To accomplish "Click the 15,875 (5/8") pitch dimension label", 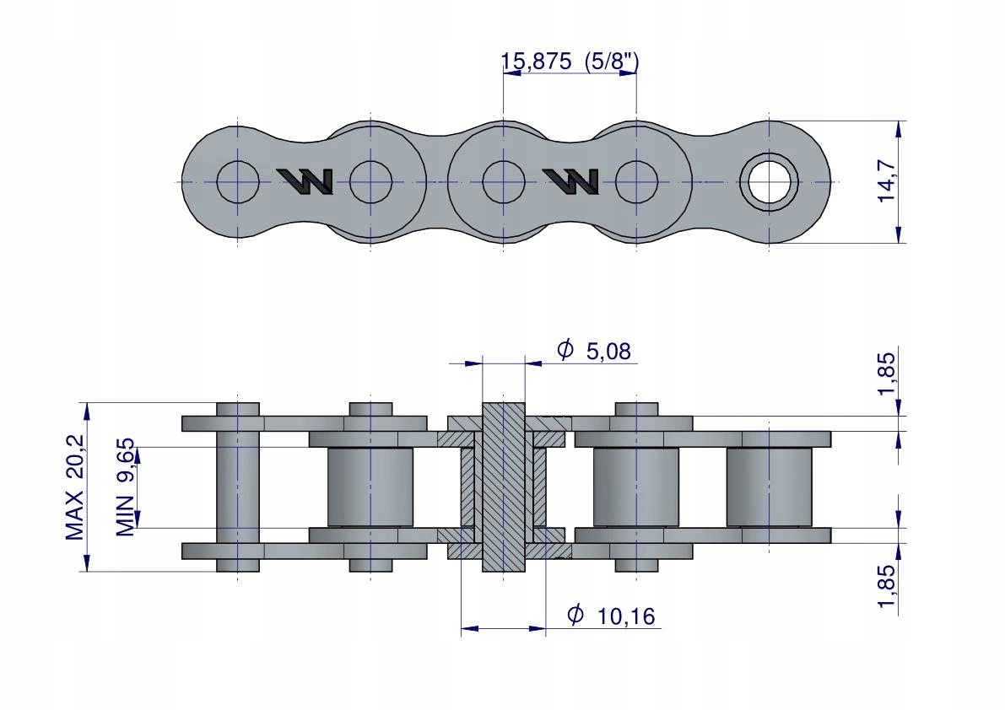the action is [x=570, y=62].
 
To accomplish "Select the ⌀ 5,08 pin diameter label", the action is [x=594, y=350].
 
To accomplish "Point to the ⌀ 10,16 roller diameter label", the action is [x=612, y=616].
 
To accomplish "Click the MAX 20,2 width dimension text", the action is [x=75, y=487].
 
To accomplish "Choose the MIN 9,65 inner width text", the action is [x=126, y=487].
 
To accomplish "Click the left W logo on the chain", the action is [x=305, y=181].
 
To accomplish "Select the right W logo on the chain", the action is [x=570, y=181].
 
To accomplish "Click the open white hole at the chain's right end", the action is [x=769, y=182].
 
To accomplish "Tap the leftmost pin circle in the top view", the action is [x=238, y=182].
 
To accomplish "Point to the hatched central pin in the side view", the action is [x=503, y=487].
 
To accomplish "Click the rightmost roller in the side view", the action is [x=769, y=487].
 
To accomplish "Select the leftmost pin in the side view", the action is [x=238, y=487].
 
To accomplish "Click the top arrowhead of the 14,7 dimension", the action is [x=899, y=129].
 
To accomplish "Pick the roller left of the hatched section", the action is [x=370, y=487].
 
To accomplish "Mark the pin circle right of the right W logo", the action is [x=636, y=182].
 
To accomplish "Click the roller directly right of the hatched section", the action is [x=635, y=487].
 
